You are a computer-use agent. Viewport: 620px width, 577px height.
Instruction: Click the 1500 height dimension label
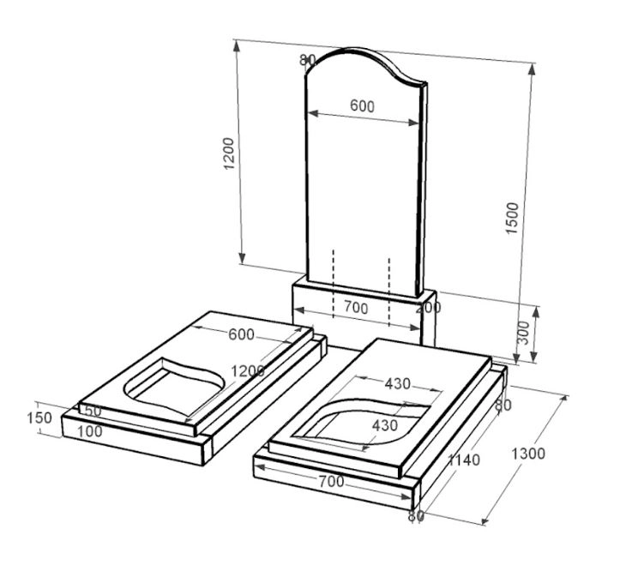pyautogui.click(x=512, y=218)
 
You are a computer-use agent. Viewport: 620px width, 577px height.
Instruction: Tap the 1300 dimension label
pyautogui.click(x=528, y=454)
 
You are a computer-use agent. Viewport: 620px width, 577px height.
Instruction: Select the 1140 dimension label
pyautogui.click(x=463, y=460)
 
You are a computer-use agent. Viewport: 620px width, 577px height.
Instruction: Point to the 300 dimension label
pyautogui.click(x=523, y=333)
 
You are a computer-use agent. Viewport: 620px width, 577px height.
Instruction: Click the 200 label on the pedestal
pyautogui.click(x=428, y=308)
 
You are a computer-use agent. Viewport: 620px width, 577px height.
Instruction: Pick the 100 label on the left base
pyautogui.click(x=90, y=431)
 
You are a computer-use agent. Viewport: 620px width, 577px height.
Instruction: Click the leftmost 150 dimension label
pyautogui.click(x=39, y=418)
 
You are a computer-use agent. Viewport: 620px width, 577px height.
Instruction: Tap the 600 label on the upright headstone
pyautogui.click(x=362, y=106)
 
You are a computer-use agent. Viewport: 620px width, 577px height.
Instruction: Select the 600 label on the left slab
pyautogui.click(x=241, y=334)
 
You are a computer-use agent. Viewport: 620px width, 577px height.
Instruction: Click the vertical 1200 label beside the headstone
pyautogui.click(x=229, y=153)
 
